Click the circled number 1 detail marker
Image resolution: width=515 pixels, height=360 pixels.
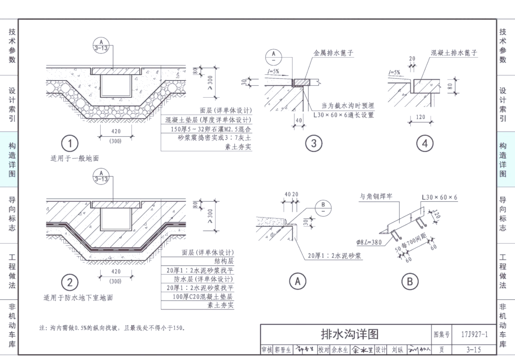70,143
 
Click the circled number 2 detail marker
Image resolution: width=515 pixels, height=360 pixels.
70,282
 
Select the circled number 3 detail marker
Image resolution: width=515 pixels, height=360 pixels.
313,144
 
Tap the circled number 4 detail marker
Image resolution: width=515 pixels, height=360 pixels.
425,144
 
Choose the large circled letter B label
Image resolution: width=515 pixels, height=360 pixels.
410,281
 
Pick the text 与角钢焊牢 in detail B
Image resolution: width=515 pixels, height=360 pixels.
376,196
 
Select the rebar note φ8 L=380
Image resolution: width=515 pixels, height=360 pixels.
376,242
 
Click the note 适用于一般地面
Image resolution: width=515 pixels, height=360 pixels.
74,158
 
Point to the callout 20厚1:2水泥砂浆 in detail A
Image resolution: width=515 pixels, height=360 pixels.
334,256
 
